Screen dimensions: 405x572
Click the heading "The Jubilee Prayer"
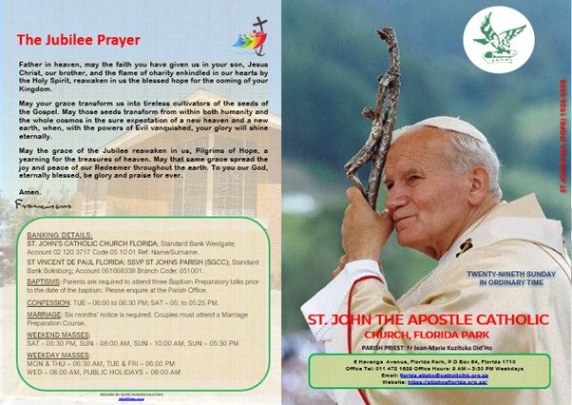tap(78, 40)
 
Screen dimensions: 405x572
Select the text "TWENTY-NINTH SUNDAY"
tap(508, 274)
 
